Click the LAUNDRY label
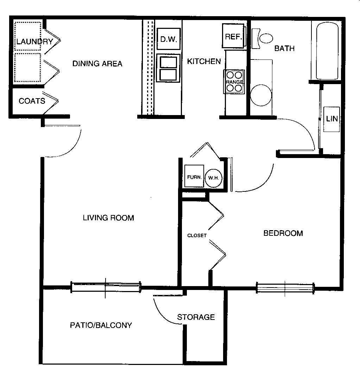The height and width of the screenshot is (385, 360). [34, 42]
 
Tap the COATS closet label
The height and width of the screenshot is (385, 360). [32, 101]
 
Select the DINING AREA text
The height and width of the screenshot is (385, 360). [97, 64]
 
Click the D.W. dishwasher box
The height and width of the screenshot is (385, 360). [168, 39]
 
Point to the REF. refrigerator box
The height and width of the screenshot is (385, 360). [233, 36]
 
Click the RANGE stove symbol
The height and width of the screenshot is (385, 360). [234, 82]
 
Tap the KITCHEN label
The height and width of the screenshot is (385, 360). [204, 62]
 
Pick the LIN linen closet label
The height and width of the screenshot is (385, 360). [331, 119]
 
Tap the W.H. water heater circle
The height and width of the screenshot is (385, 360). [213, 178]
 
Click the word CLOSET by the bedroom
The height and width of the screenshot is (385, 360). [197, 235]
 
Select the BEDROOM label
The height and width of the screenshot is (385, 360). [283, 233]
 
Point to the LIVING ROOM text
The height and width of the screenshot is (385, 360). [108, 218]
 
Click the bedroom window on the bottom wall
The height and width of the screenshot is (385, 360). [285, 288]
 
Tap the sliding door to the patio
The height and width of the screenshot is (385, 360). [106, 287]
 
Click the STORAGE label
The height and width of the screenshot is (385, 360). [196, 317]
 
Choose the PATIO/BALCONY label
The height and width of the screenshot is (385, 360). [101, 325]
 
